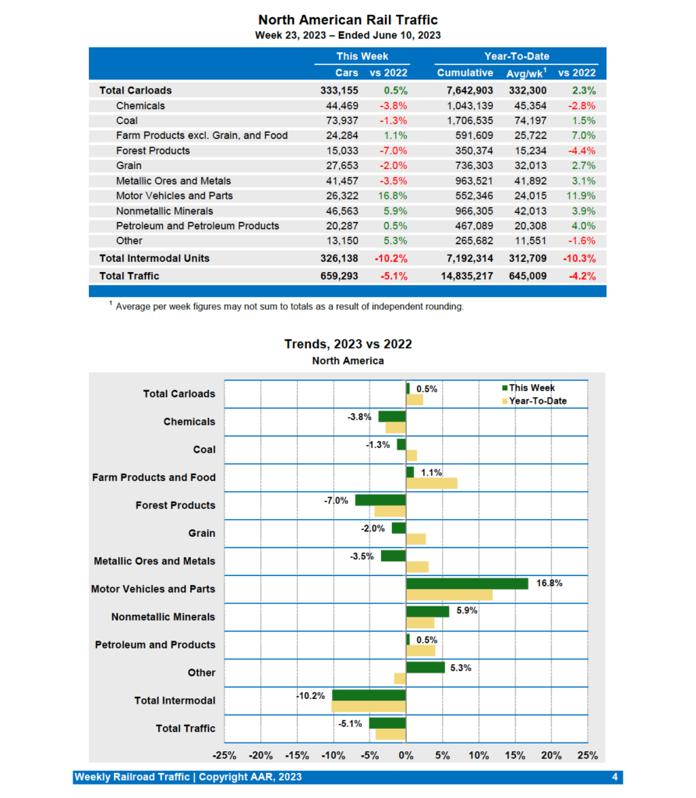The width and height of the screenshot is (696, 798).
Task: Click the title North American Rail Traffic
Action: pyautogui.click(x=348, y=19)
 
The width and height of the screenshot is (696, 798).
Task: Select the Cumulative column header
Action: pyautogui.click(x=465, y=72)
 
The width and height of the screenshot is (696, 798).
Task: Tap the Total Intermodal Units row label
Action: pyautogui.click(x=154, y=258)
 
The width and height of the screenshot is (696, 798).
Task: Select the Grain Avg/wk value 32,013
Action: pyautogui.click(x=528, y=165)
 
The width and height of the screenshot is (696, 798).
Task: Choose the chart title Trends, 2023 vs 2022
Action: pyautogui.click(x=348, y=344)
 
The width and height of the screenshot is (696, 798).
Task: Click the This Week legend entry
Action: pyautogui.click(x=532, y=388)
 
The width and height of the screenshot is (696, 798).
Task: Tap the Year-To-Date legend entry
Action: pyautogui.click(x=537, y=401)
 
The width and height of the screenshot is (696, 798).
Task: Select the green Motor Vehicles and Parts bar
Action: pyautogui.click(x=467, y=584)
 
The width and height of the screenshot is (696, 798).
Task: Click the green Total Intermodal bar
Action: pyautogui.click(x=369, y=695)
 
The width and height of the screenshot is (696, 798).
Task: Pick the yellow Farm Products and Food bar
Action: pyautogui.click(x=431, y=483)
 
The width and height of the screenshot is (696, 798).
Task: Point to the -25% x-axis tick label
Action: pyautogui.click(x=224, y=755)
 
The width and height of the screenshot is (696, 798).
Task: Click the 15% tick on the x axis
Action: pyautogui.click(x=514, y=755)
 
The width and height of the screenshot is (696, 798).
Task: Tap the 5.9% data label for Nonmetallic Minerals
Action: pyautogui.click(x=467, y=611)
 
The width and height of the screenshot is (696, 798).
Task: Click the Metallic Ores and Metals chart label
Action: pyautogui.click(x=154, y=561)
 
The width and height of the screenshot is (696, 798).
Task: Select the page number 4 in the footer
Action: pyautogui.click(x=615, y=777)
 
